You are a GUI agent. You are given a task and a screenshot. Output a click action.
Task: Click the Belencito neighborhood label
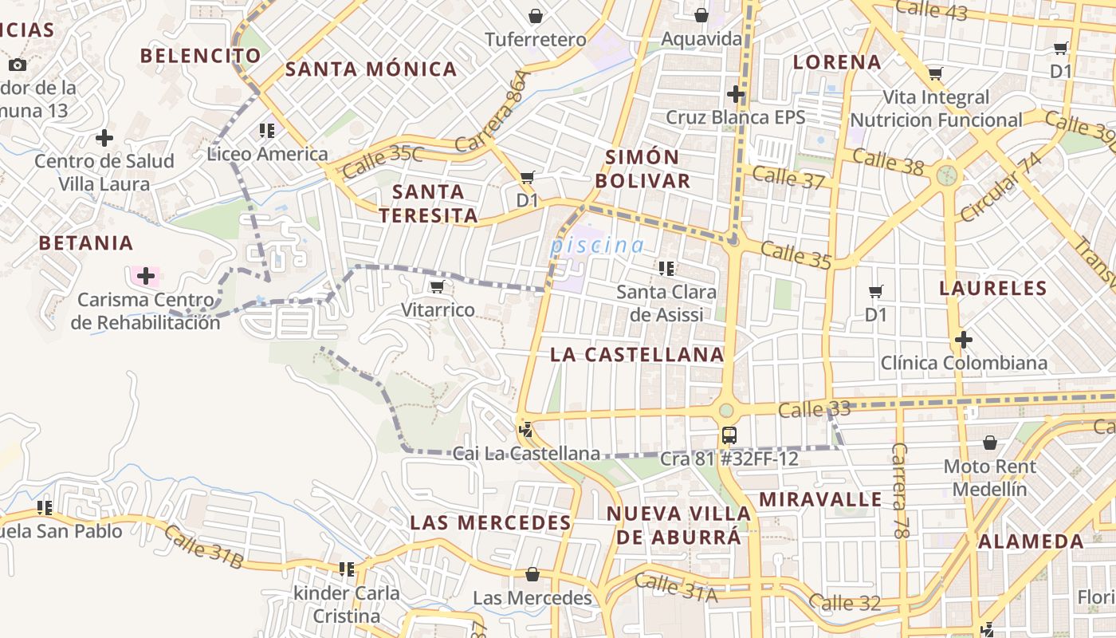[x=200, y=55]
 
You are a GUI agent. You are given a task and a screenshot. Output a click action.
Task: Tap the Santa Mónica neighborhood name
[x=371, y=69]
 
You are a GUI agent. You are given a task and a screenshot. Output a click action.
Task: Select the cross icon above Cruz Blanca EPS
[x=735, y=95]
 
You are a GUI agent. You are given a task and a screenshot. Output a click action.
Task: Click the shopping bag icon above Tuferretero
[x=536, y=16]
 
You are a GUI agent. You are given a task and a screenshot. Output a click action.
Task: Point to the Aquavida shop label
[x=701, y=39]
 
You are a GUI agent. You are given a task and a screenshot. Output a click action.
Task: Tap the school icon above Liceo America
[x=267, y=130]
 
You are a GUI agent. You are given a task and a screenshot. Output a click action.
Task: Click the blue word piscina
[x=596, y=246]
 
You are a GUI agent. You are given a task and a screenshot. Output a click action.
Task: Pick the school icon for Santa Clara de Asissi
[x=666, y=269]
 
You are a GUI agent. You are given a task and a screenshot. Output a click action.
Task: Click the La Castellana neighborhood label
[x=637, y=355]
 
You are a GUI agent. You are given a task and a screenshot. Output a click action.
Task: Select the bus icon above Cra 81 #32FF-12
[x=729, y=435]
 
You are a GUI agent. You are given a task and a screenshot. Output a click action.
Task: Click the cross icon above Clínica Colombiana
[x=963, y=341]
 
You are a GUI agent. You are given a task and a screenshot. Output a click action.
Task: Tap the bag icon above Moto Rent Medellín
[x=989, y=443]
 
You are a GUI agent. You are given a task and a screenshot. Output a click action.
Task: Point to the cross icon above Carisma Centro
[x=145, y=277]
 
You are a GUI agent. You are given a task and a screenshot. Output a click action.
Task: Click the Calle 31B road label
[x=203, y=548]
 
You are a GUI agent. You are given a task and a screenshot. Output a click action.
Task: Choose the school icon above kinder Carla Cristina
[x=346, y=569]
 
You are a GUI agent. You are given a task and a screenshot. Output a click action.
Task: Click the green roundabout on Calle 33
[x=725, y=410]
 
